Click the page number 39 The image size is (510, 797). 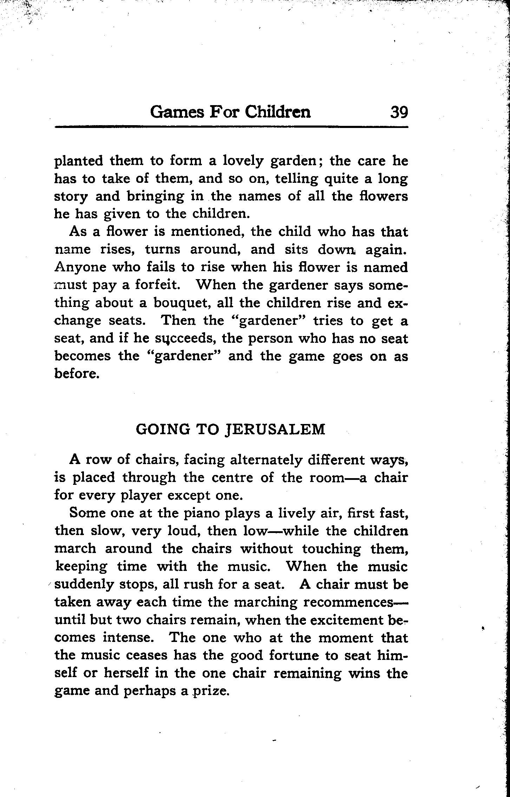(398, 113)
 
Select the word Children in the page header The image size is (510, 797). (277, 113)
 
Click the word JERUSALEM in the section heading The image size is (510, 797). (274, 430)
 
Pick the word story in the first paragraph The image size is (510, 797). (71, 197)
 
